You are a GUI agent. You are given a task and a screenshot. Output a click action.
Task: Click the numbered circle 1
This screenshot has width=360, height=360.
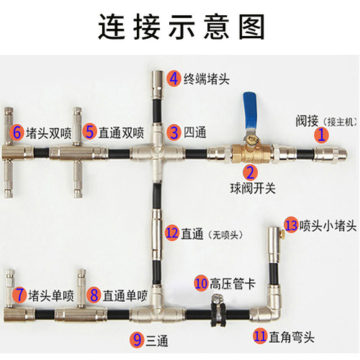point(322,133)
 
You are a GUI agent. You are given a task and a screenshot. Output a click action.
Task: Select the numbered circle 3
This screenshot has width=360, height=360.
point(174,132)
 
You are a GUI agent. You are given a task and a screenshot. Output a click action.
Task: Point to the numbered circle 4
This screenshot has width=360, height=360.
point(174,78)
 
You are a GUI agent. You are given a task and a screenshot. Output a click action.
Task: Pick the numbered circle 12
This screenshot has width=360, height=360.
point(172,233)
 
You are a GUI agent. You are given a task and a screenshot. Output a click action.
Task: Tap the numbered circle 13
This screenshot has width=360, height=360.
point(290,225)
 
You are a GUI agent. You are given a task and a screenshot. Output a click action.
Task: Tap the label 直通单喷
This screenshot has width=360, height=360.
point(124,294)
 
